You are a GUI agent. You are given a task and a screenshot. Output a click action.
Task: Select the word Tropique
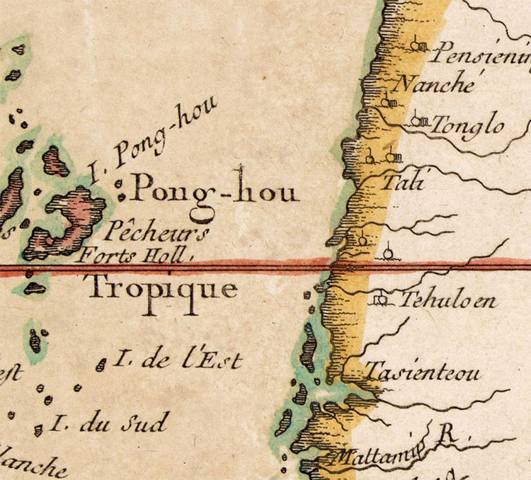click(161, 287)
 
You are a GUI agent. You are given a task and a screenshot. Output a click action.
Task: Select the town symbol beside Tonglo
click(420, 120)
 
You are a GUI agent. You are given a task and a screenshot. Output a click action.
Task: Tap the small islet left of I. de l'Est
click(102, 364)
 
